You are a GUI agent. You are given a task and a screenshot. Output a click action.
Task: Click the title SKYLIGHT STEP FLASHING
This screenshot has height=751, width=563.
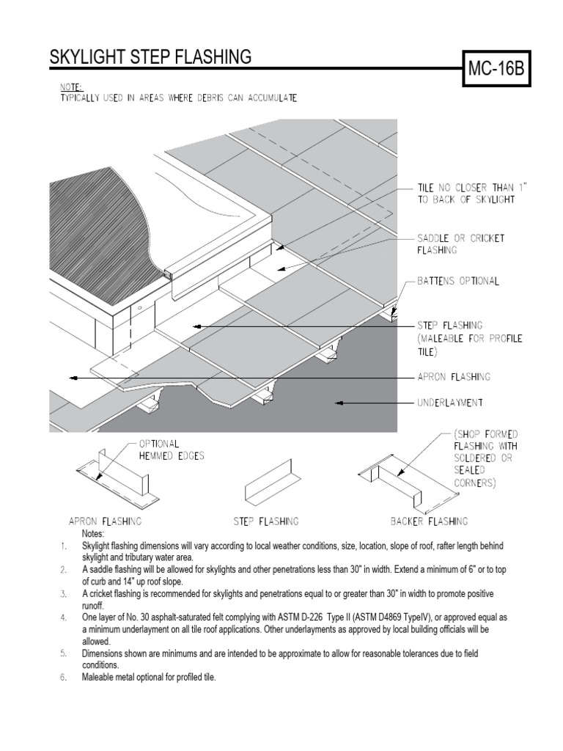pos(150,57)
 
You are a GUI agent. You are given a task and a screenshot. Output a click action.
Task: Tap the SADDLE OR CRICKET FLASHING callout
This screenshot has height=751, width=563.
pos(460,244)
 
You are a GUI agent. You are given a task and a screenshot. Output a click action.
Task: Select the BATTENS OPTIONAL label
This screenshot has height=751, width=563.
pos(458,282)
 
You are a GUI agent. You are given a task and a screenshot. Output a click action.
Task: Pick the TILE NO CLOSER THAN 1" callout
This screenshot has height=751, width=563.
pos(472,194)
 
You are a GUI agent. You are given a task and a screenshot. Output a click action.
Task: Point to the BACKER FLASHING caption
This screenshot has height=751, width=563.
pos(428,521)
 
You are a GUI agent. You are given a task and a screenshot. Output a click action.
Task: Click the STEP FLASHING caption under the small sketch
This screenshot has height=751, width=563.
pos(265,521)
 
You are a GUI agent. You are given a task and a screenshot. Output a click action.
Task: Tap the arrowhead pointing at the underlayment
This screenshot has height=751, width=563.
pos(341,403)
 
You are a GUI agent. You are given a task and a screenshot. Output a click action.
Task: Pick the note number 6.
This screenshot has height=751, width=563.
pos(64,678)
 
